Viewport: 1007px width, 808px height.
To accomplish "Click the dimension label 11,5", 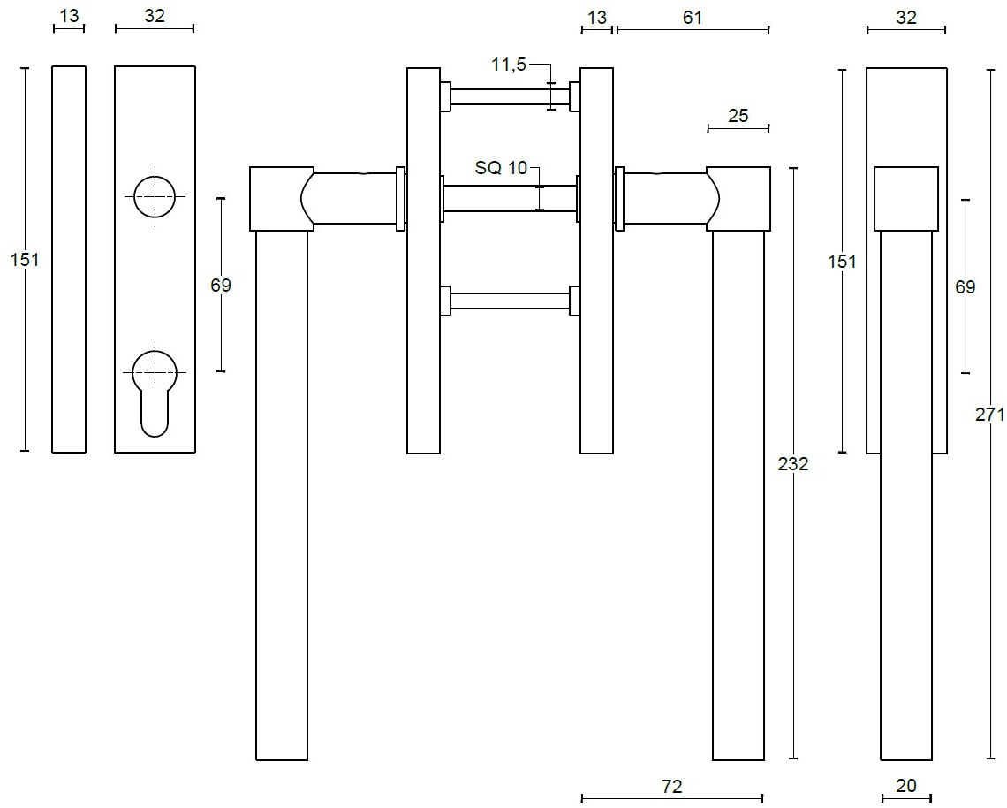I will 509,65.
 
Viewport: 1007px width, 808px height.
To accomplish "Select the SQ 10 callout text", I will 501,168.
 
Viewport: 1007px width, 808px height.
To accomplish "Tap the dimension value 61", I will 693,17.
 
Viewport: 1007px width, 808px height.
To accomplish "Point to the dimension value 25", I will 738,115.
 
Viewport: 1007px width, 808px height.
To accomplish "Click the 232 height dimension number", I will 793,464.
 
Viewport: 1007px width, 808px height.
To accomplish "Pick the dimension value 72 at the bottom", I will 672,786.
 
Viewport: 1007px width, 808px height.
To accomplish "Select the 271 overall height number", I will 990,413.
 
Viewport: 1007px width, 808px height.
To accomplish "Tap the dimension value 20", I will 906,785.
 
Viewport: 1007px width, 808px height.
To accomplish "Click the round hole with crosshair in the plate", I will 155,195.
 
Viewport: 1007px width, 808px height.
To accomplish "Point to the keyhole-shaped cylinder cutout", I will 155,389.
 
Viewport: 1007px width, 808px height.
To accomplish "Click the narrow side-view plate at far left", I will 69,259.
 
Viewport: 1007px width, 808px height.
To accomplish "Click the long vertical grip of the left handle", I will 282,495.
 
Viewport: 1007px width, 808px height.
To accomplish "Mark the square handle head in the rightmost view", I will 906,199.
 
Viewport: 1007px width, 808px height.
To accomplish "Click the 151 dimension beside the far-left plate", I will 26,259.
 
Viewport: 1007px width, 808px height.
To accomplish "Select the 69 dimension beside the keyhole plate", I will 221,285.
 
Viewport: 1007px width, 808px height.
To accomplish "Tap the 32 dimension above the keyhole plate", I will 155,16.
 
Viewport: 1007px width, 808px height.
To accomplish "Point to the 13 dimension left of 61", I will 597,17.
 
